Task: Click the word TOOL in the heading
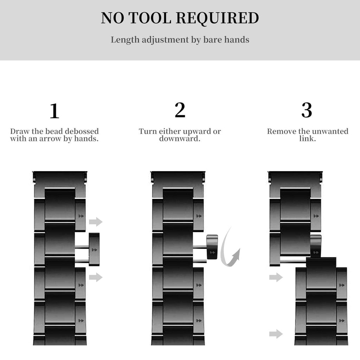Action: (150, 18)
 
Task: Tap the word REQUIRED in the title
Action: (218, 18)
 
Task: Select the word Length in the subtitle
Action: (125, 40)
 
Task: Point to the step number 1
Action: (54, 111)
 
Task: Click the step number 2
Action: (180, 110)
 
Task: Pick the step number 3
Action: (307, 110)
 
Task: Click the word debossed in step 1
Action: (82, 131)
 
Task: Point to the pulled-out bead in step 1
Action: (94, 250)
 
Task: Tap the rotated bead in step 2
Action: (212, 247)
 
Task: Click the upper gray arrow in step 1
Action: (96, 221)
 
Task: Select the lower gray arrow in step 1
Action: (96, 277)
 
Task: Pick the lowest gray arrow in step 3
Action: (276, 334)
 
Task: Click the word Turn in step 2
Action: (148, 131)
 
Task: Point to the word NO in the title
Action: (112, 18)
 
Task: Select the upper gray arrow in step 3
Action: (276, 277)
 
